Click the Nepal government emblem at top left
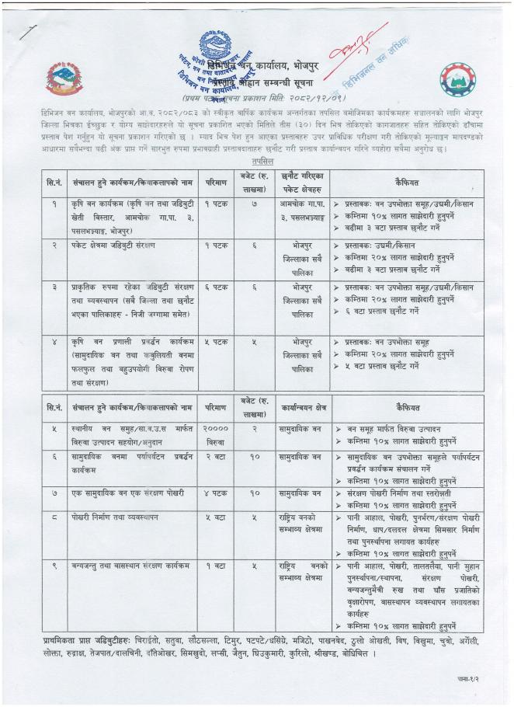tap(62, 78)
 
